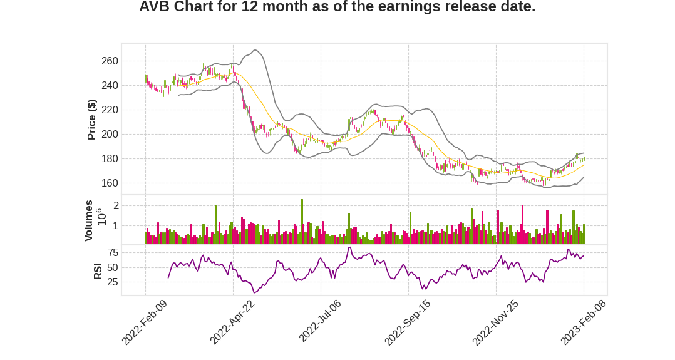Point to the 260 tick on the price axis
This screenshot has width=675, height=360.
pyautogui.click(x=109, y=61)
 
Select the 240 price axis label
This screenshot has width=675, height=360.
pyautogui.click(x=109, y=86)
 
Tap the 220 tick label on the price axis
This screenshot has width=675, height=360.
pyautogui.click(x=109, y=110)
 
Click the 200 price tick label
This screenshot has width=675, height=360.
pyautogui.click(x=109, y=135)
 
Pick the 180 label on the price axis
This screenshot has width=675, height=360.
pyautogui.click(x=109, y=159)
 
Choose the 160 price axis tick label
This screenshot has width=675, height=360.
pyautogui.click(x=109, y=183)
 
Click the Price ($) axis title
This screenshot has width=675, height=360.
pyautogui.click(x=91, y=120)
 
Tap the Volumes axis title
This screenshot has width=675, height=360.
pyautogui.click(x=89, y=220)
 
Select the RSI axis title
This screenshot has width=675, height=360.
pyautogui.click(x=98, y=271)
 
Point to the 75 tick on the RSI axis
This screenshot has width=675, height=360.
pyautogui.click(x=113, y=253)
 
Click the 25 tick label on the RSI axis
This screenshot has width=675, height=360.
pyautogui.click(x=113, y=282)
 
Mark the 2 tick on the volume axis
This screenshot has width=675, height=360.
pyautogui.click(x=116, y=206)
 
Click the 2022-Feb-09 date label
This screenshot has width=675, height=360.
pyautogui.click(x=144, y=322)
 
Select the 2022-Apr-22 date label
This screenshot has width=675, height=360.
pyautogui.click(x=232, y=322)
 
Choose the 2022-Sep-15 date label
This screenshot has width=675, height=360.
pyautogui.click(x=407, y=322)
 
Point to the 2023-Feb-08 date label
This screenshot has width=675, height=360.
pyautogui.click(x=583, y=322)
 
